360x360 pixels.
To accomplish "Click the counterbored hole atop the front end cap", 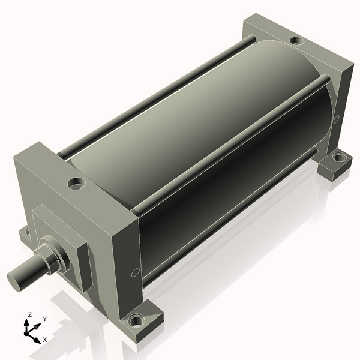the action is click(76, 183).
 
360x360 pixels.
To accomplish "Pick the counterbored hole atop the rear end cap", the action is click(297, 41).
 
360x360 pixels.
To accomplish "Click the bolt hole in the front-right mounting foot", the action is click(137, 320).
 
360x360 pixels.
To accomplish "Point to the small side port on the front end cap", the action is click(135, 272).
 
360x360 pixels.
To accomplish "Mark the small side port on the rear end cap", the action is click(336, 119).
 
